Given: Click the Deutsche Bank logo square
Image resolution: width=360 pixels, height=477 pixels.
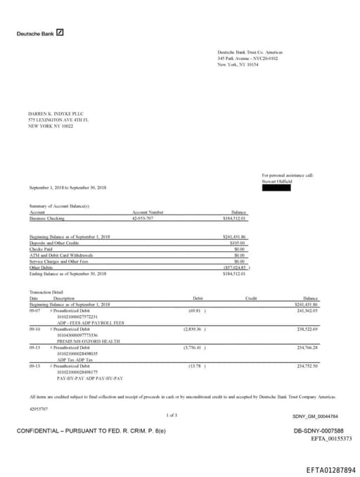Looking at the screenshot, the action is (60, 32).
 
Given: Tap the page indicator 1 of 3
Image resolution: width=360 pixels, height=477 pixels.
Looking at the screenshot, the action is (172, 415).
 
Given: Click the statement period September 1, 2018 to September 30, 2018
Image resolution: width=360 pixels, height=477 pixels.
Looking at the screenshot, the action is (68, 188).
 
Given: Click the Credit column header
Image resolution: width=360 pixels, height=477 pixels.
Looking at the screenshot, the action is (251, 298).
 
